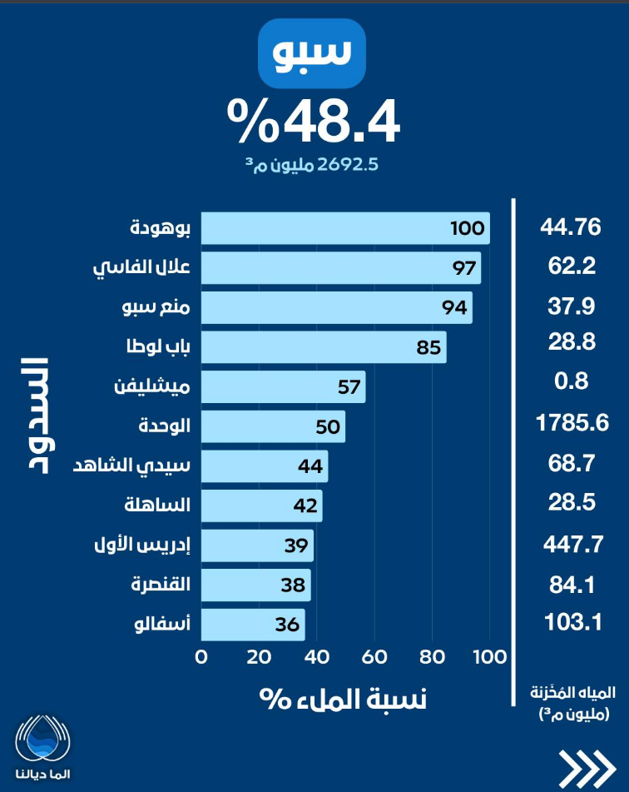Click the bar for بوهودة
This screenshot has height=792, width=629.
pos(345,228)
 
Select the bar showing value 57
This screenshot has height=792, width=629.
pos(283,387)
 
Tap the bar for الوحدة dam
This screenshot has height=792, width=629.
pos(273,426)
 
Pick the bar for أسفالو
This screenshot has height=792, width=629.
pos(253,625)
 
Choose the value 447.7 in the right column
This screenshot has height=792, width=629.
pos(572,545)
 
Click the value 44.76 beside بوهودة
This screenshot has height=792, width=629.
pos(571,227)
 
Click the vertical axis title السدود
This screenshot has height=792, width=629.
pos(34,415)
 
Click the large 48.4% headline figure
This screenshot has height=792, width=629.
pos(314,122)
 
